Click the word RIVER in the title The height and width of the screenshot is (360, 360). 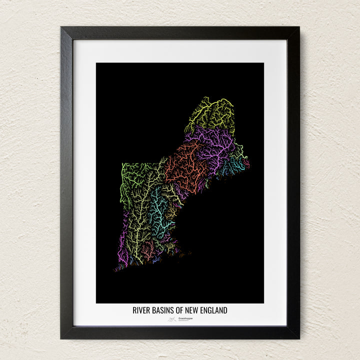tap(141, 310)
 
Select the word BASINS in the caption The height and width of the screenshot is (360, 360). tap(162, 310)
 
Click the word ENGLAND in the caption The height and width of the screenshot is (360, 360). tap(213, 310)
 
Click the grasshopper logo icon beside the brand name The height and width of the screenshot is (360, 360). tap(172, 319)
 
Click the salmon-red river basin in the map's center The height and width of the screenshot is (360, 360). tap(185, 167)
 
